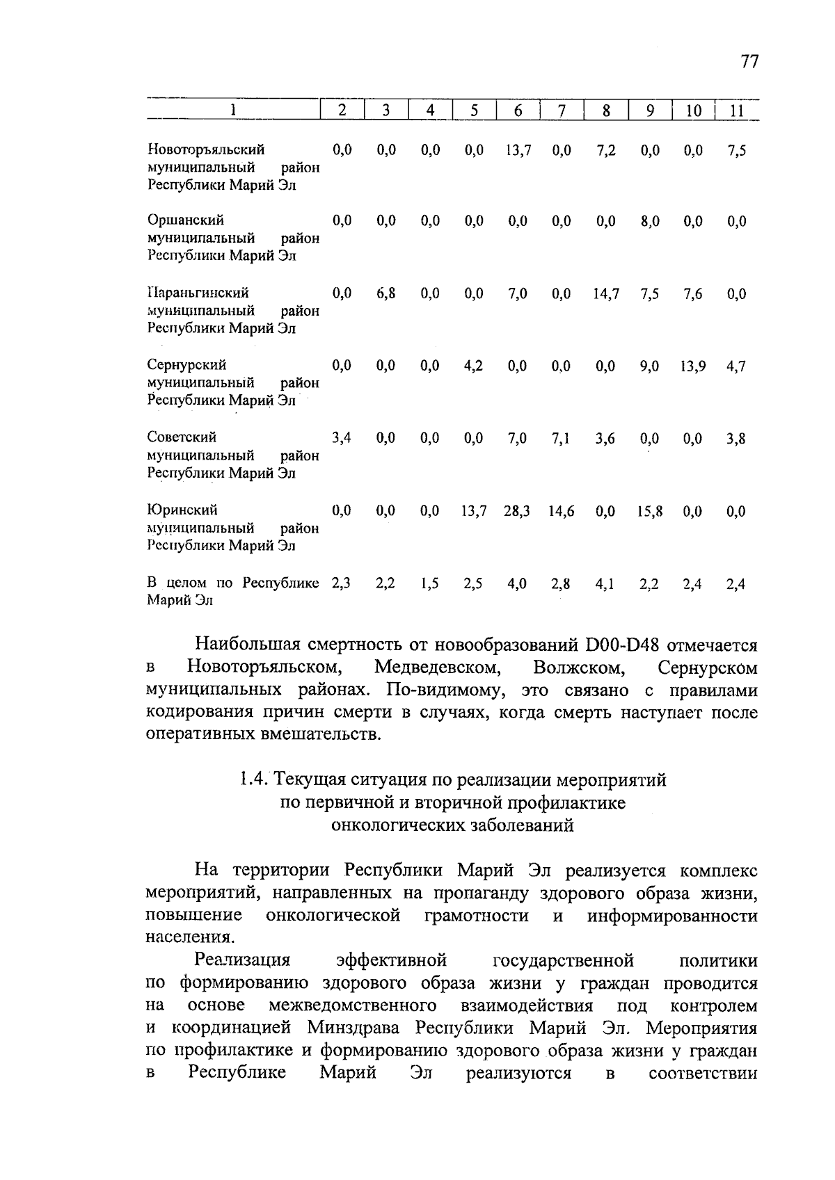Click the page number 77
click(x=749, y=62)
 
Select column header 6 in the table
click(x=518, y=110)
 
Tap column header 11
click(x=736, y=110)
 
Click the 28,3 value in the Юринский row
click(x=517, y=511)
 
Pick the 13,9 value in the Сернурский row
click(x=693, y=366)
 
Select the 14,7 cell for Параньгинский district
click(x=605, y=294)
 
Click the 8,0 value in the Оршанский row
click(x=649, y=222)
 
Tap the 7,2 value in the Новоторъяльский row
click(x=605, y=150)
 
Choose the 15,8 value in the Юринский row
click(x=649, y=511)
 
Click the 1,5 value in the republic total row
click(x=430, y=584)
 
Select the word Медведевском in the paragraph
click(x=438, y=668)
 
